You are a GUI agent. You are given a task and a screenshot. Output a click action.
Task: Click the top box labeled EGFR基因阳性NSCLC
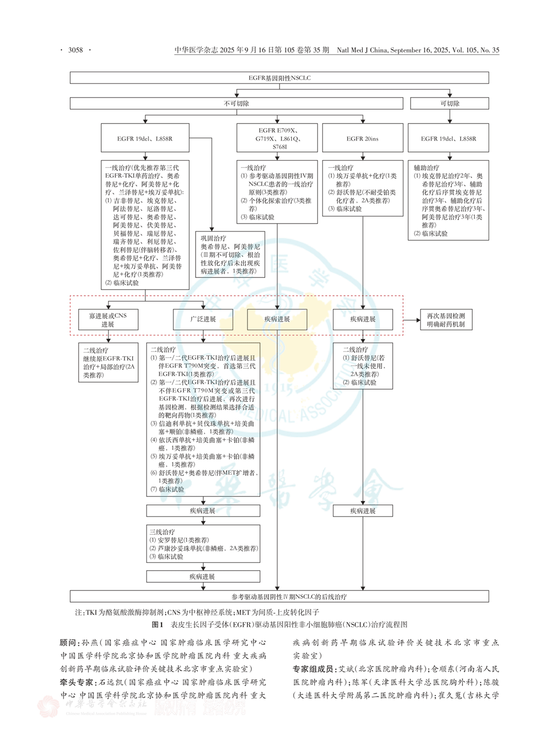tap(279, 78)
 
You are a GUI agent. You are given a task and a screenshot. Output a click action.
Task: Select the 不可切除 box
tap(236, 103)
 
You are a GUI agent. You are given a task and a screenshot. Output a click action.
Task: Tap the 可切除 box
tap(449, 103)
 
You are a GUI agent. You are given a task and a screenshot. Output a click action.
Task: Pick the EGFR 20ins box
tap(362, 139)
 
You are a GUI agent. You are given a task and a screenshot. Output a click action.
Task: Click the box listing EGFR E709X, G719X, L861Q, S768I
tap(277, 139)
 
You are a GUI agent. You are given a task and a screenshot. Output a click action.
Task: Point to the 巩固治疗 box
tap(230, 254)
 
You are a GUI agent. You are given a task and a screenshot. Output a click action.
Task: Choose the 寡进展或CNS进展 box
tap(108, 320)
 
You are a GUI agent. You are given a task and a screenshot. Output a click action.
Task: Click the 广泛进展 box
tap(203, 319)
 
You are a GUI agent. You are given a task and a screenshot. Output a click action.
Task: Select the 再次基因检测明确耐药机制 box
tap(446, 320)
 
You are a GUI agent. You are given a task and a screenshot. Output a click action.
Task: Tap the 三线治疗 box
tap(203, 544)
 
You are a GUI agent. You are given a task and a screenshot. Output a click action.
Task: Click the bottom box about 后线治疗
tap(279, 596)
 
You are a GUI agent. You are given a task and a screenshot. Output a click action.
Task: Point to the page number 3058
tap(75, 50)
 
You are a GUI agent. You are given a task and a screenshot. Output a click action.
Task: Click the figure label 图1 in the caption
tap(158, 624)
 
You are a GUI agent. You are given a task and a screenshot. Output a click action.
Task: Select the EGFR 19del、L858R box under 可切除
tap(448, 139)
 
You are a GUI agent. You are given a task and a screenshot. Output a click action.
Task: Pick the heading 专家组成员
tap(313, 669)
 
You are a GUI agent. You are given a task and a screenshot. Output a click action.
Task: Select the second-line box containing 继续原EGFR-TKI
tap(108, 363)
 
